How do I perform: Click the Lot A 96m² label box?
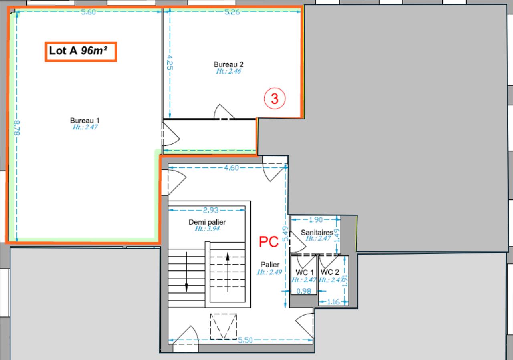click(81, 52)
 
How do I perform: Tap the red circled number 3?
click(275, 99)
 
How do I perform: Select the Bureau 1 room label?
click(85, 121)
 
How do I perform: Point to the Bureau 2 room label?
click(228, 64)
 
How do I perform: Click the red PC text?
click(269, 242)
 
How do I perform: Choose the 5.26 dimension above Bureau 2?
click(232, 12)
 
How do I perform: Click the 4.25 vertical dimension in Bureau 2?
click(170, 62)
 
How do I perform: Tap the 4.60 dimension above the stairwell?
click(232, 168)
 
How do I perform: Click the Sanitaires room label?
click(317, 232)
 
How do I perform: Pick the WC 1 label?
click(303, 272)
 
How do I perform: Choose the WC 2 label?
click(331, 272)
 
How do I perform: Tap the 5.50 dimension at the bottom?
click(245, 340)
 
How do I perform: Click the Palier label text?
click(270, 265)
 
